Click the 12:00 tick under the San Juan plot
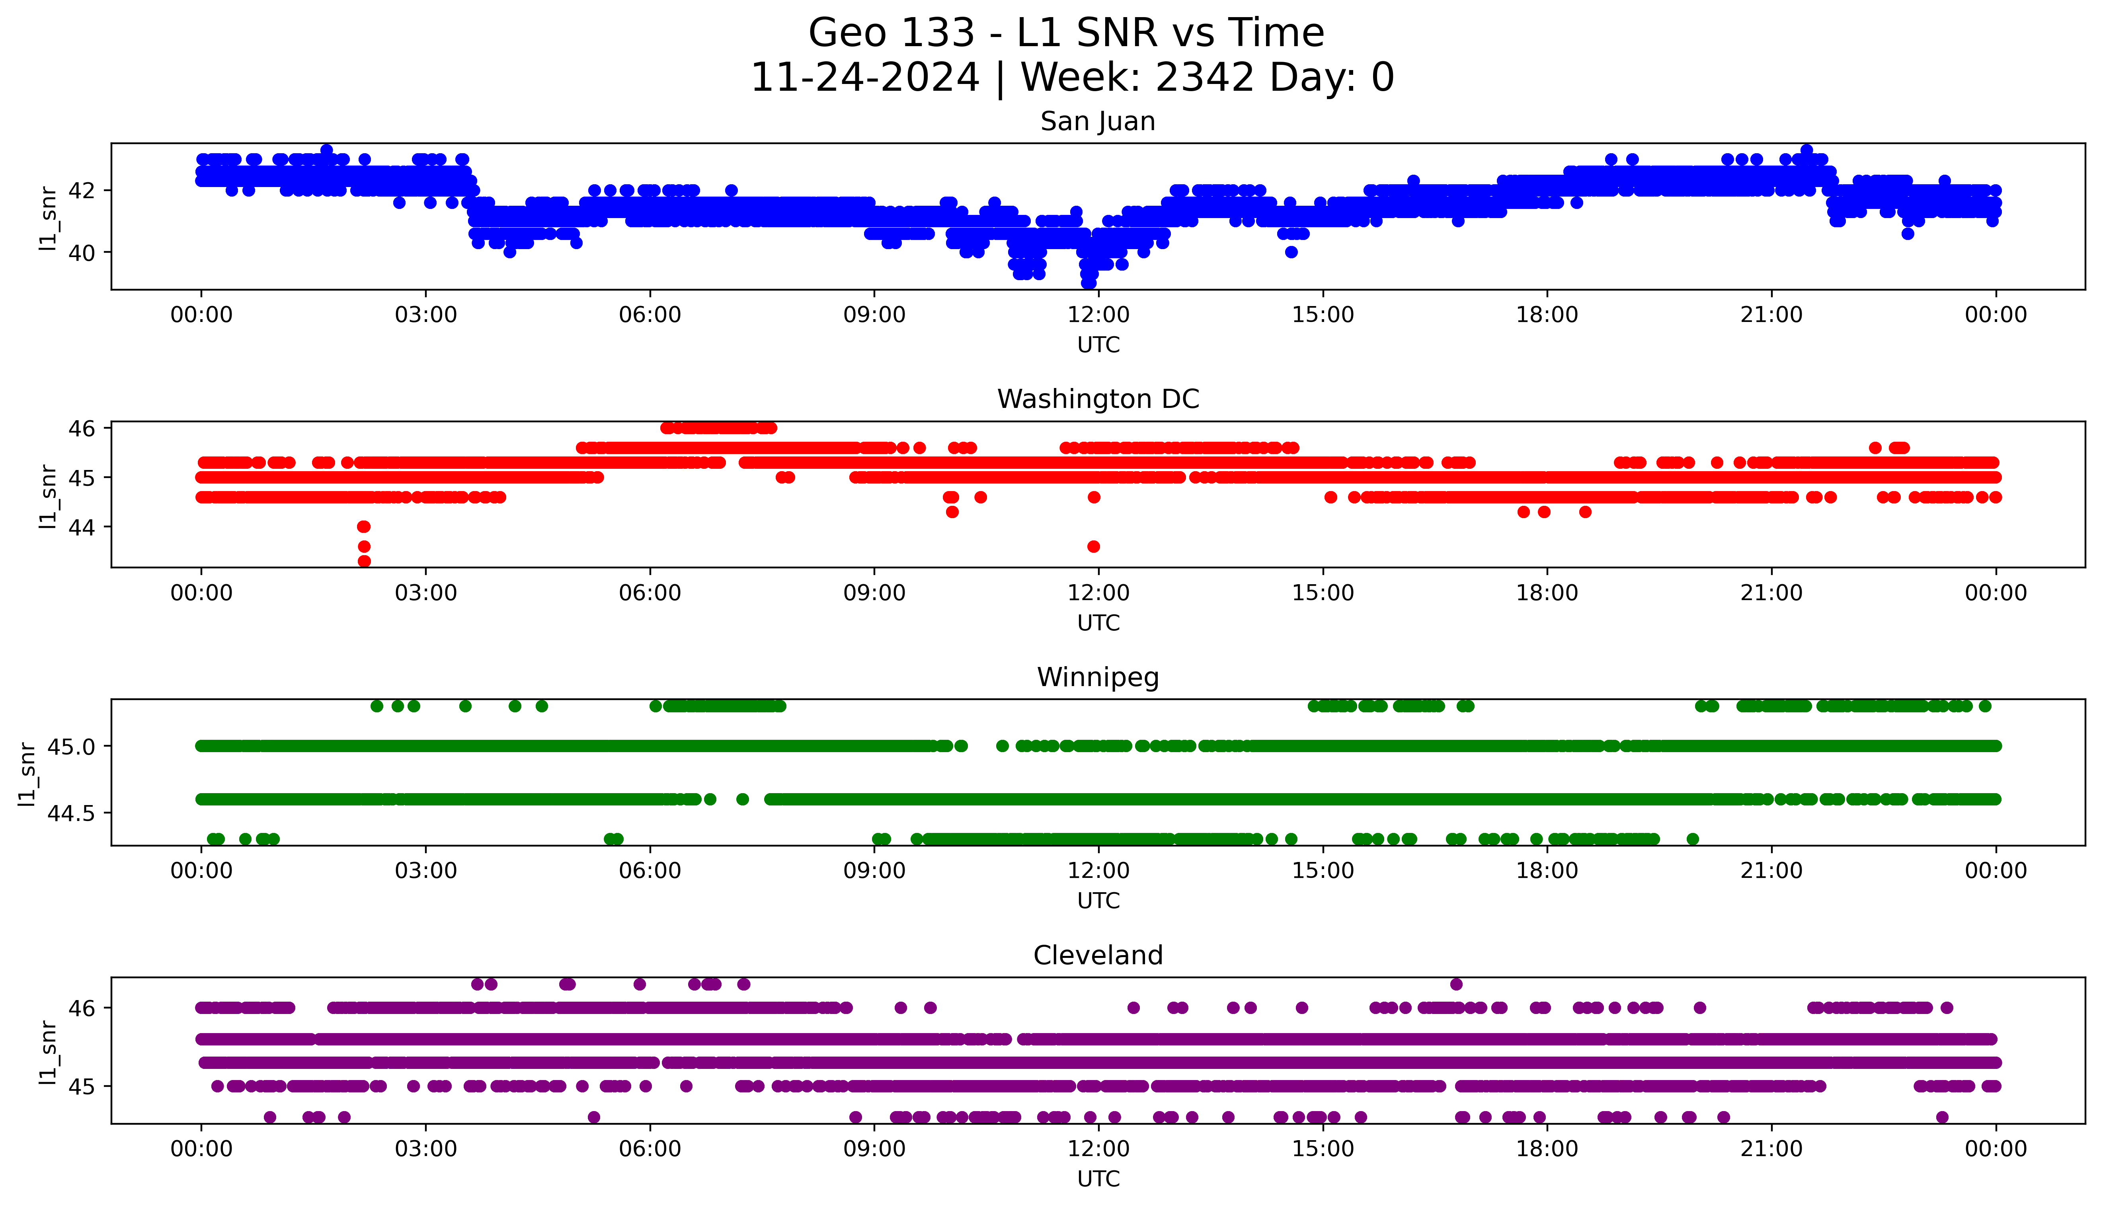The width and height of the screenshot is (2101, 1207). (1098, 315)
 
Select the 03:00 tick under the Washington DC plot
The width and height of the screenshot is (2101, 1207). (426, 593)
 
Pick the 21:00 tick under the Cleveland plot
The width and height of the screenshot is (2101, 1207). (1771, 1149)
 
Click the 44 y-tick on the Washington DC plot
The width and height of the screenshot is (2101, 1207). (81, 527)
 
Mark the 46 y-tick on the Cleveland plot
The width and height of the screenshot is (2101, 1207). (81, 1008)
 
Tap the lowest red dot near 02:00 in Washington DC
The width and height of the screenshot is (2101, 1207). (364, 561)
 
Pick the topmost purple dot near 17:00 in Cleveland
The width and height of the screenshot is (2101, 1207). (1456, 984)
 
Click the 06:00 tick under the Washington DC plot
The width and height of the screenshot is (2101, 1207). (650, 593)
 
